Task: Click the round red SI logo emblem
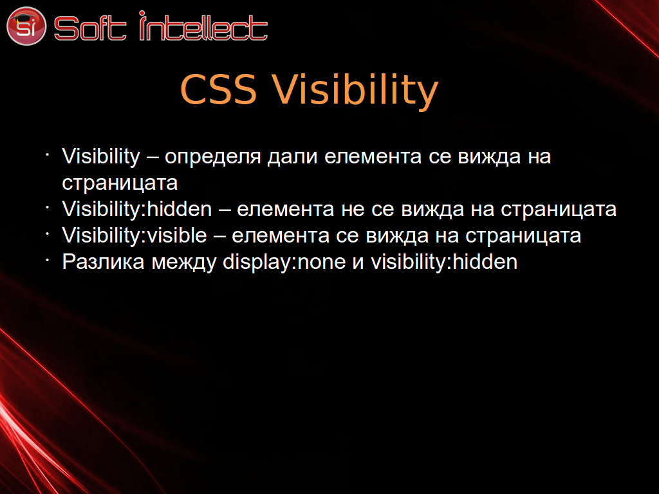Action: tap(26, 26)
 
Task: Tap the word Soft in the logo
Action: tap(90, 28)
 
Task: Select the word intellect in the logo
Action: tap(203, 26)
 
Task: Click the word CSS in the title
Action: tap(218, 89)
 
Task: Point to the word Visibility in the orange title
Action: tap(355, 91)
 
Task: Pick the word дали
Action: tap(292, 157)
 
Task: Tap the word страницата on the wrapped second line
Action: tap(120, 183)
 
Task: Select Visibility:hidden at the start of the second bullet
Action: tap(137, 209)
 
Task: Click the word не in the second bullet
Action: tap(353, 210)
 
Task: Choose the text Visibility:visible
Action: tap(135, 235)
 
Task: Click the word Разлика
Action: tap(104, 262)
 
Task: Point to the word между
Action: tap(183, 262)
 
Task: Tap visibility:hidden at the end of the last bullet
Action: tap(444, 262)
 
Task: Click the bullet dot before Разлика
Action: tap(48, 261)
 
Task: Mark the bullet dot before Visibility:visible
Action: tap(48, 234)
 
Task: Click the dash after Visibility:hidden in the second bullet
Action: tap(225, 210)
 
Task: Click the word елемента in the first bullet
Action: tap(373, 157)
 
